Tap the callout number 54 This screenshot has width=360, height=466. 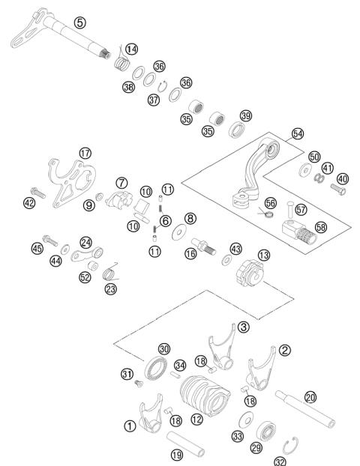(x=298, y=133)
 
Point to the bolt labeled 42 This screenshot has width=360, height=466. (x=40, y=193)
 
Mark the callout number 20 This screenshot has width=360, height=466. (x=310, y=398)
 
